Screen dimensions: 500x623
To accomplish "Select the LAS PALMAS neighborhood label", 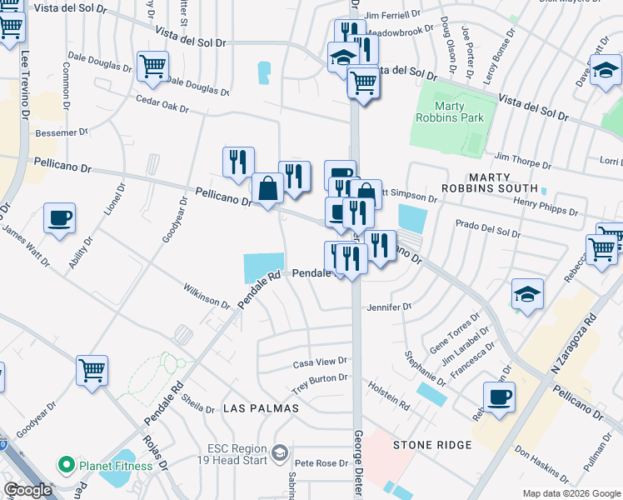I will [x=256, y=408].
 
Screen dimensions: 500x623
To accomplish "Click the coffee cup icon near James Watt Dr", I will [x=60, y=219].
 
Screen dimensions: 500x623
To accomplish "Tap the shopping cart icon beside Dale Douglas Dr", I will [x=152, y=66].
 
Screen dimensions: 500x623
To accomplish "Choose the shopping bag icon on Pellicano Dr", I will [x=268, y=189].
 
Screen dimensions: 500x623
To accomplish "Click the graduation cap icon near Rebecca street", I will [x=526, y=293].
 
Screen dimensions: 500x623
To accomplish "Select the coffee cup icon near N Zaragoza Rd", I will [x=499, y=397].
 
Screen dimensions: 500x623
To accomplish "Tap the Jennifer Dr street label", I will [x=390, y=307].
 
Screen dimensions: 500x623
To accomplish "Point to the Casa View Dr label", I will [x=319, y=364].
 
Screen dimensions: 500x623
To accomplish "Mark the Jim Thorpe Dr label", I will [x=523, y=156].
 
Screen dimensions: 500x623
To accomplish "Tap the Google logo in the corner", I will [x=27, y=490].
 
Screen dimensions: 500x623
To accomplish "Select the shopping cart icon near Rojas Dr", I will [x=92, y=370].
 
